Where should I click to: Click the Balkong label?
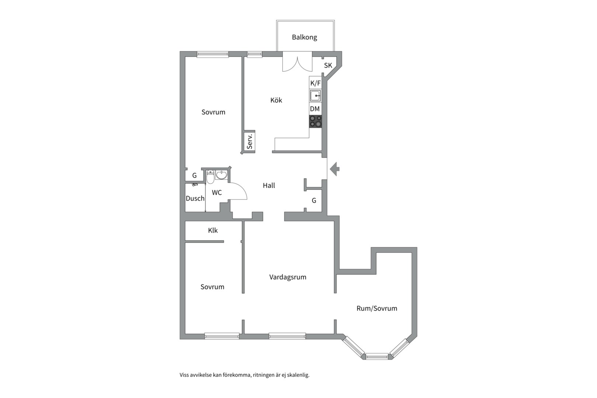[304, 37]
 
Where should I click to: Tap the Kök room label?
[276, 100]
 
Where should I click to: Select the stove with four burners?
[315, 121]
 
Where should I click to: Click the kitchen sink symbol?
[315, 96]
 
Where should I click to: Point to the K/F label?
[315, 83]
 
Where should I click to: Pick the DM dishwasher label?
[315, 109]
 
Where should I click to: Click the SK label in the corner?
[328, 65]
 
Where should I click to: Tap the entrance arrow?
[335, 169]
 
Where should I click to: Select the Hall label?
[269, 185]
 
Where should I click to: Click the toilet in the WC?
[210, 177]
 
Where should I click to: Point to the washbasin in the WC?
[221, 175]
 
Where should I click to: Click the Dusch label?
[195, 198]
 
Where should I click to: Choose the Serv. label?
[249, 142]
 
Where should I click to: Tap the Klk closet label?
[213, 230]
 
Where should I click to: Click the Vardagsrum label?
[287, 277]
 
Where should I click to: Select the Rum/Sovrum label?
[377, 308]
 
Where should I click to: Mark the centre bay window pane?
[377, 356]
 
